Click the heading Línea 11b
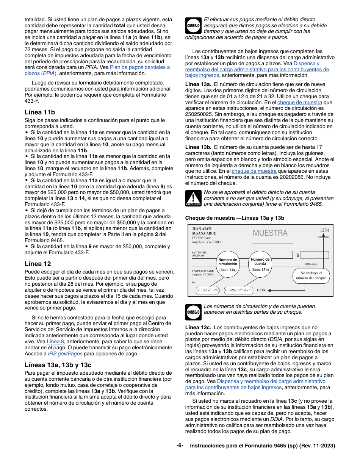click(x=40, y=112)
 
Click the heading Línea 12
click(x=38, y=264)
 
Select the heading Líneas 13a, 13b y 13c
click(x=58, y=365)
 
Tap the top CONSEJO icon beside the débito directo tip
click(x=193, y=26)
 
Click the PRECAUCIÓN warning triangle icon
click(x=193, y=199)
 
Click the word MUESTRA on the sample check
click(x=270, y=233)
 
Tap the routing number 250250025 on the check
click(x=207, y=290)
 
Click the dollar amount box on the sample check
click(x=315, y=255)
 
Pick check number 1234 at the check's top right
click(x=324, y=230)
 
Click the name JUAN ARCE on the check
click(x=202, y=229)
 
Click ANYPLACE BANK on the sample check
click(x=203, y=271)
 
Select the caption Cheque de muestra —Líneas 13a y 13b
click(x=235, y=218)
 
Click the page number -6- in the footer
click(x=180, y=446)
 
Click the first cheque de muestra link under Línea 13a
click(x=299, y=103)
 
